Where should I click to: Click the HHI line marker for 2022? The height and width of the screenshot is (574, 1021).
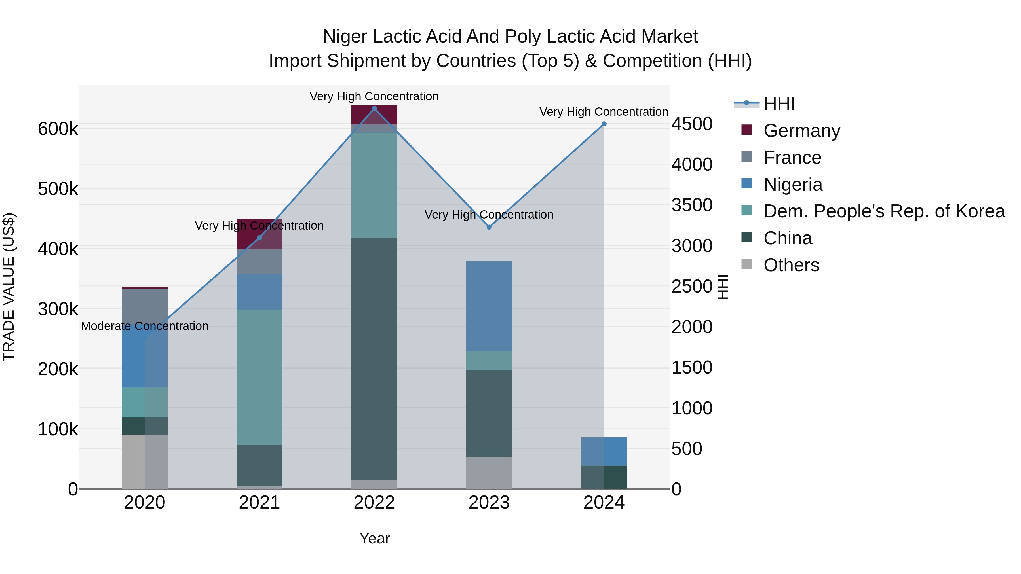[374, 109]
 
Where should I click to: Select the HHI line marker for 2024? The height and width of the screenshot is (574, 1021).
[604, 124]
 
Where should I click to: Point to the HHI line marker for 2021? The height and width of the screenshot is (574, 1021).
[259, 238]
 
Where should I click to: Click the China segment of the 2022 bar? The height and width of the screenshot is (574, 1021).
[374, 359]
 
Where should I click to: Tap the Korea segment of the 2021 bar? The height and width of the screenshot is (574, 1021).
[259, 377]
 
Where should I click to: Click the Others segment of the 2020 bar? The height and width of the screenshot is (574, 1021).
[144, 461]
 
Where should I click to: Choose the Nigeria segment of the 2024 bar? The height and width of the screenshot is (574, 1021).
[604, 451]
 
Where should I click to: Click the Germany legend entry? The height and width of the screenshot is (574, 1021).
[801, 131]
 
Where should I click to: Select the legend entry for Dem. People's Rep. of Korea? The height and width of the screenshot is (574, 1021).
[884, 211]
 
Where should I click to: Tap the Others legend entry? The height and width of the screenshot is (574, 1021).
[791, 265]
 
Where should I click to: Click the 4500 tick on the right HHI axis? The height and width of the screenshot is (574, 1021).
[692, 124]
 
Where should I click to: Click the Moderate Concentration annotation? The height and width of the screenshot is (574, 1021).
[144, 326]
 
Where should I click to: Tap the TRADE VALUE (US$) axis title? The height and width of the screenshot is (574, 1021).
[9, 287]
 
